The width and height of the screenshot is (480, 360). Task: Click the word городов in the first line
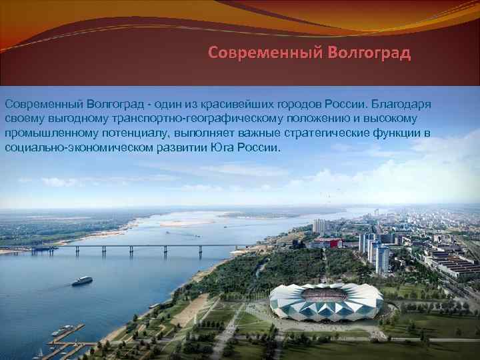pos(300,105)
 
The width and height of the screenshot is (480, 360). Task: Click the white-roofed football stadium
pos(326,302)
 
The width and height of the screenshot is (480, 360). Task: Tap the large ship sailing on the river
pos(82,281)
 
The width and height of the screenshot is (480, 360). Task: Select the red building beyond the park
pos(327,243)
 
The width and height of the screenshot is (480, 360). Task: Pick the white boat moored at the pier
pos(62,330)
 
